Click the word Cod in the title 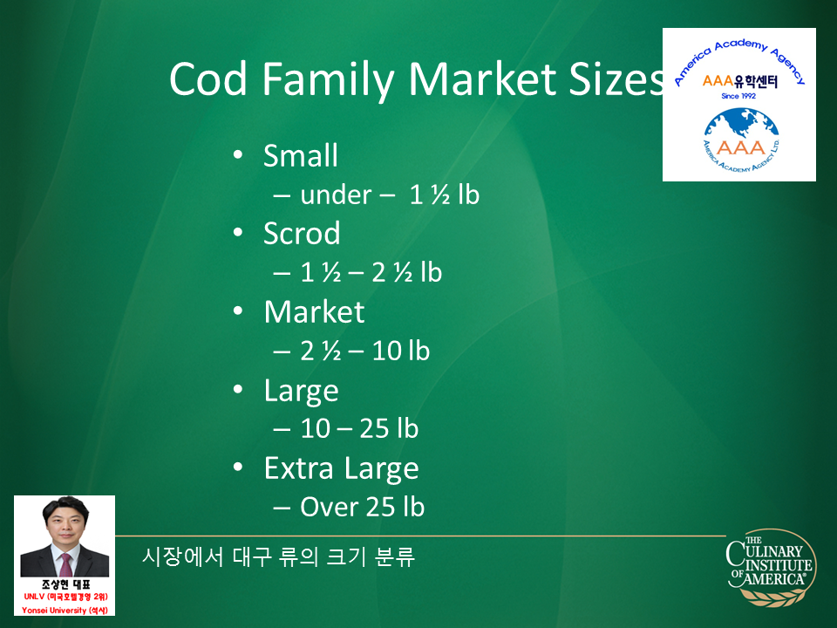208,79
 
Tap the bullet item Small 301,155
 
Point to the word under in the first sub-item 336,195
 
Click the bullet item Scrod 302,234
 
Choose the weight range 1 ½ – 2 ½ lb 371,272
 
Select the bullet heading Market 315,312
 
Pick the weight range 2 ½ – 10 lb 364,351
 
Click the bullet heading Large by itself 302,392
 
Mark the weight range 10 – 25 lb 359,429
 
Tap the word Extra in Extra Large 299,468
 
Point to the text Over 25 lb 362,507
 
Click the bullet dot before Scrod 238,233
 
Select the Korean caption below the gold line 278,557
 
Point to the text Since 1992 738,96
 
